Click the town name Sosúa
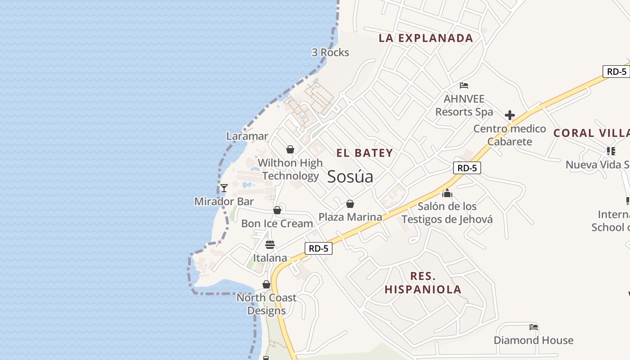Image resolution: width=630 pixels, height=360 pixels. (x=350, y=176)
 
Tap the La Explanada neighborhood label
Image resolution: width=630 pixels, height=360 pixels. (x=426, y=38)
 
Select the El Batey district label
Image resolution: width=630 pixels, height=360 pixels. (x=364, y=153)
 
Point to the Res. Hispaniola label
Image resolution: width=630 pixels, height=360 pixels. (x=423, y=283)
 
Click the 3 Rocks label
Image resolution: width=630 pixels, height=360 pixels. (x=330, y=53)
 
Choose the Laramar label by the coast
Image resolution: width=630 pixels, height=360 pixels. (x=247, y=136)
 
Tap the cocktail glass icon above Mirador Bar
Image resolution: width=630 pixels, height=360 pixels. (x=224, y=188)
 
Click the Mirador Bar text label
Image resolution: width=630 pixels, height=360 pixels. (x=224, y=202)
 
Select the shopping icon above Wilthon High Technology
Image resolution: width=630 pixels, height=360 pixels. (x=290, y=149)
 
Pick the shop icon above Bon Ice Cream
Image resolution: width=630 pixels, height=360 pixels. (x=277, y=210)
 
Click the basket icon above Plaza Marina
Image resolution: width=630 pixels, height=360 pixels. (x=350, y=204)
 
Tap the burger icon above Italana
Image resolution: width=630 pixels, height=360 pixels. (x=270, y=245)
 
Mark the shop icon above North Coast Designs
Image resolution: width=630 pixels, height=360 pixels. (x=266, y=284)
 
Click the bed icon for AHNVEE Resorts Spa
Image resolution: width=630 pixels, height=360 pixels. (x=464, y=85)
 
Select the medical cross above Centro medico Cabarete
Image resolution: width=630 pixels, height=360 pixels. (x=509, y=115)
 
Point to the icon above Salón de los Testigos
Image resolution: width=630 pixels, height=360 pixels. (x=447, y=193)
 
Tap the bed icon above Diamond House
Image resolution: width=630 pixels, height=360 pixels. (x=534, y=327)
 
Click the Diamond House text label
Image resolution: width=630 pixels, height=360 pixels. (x=534, y=340)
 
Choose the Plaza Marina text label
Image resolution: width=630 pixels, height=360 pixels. (x=350, y=217)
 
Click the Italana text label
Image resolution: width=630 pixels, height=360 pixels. (x=270, y=258)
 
